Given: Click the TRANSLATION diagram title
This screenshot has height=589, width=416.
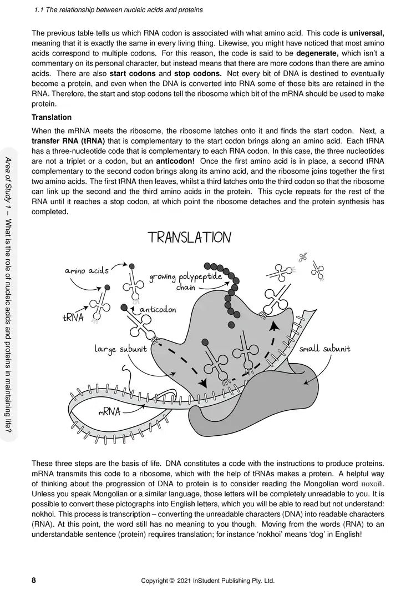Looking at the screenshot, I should tap(189, 238).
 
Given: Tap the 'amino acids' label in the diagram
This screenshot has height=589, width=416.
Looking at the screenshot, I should tap(87, 270).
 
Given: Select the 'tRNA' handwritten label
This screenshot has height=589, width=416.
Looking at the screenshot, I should tap(73, 318).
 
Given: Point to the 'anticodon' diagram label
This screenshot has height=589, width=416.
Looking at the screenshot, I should tap(158, 309).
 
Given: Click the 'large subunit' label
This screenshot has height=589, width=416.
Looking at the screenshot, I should tap(120, 349).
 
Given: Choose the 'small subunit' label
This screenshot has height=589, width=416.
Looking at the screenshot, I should tap(325, 349).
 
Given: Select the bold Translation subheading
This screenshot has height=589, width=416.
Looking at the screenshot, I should tap(52, 117).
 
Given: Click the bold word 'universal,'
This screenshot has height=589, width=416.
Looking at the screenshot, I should tap(367, 33).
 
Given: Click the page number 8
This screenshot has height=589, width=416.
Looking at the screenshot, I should tap(34, 581).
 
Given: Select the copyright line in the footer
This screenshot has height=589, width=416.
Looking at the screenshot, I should tap(207, 581).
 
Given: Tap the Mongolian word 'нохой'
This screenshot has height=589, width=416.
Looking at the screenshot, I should tap(372, 484).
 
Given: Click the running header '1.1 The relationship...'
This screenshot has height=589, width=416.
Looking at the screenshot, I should tap(118, 9).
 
